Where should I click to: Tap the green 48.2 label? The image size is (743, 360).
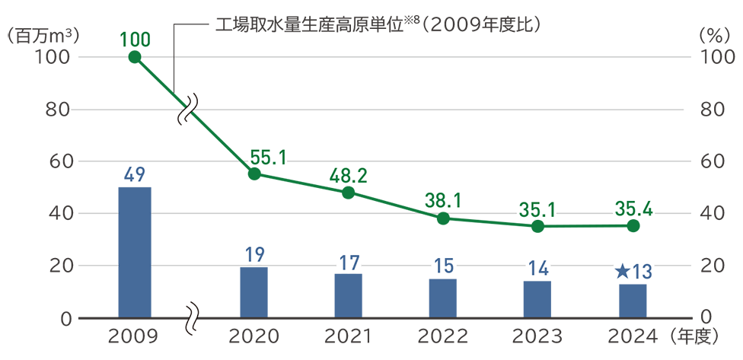tap(349, 177)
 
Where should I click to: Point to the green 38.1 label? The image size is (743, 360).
tap(443, 199)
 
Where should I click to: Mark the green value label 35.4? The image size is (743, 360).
tap(633, 208)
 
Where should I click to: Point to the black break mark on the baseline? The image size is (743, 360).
tap(191, 315)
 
